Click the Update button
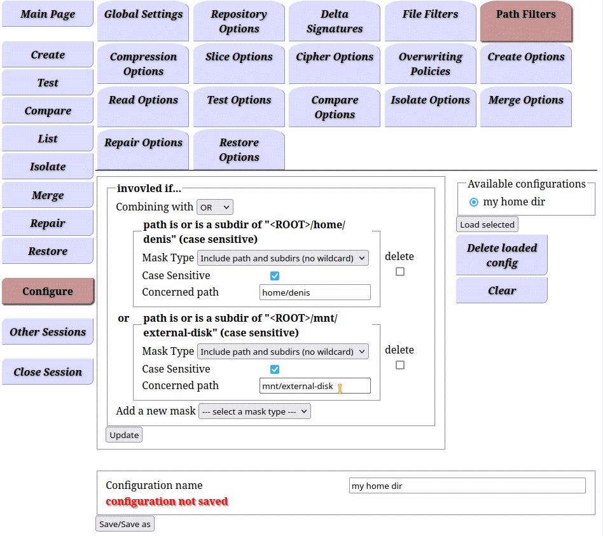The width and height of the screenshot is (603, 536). point(124,435)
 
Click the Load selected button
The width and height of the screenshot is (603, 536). point(487,224)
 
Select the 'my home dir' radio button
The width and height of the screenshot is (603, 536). point(474,202)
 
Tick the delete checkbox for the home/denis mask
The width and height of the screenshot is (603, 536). point(400,272)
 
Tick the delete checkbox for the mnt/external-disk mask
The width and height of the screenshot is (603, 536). point(400,365)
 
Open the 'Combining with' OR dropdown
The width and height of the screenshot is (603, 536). point(214,207)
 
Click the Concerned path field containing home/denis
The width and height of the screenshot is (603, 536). point(315,292)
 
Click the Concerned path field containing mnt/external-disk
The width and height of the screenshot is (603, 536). point(315,386)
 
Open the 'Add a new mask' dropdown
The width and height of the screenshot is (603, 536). point(254,411)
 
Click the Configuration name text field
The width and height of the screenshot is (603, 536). point(468,486)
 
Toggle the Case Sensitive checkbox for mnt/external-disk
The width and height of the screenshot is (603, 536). point(275,369)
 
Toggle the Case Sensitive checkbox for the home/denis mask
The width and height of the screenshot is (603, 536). point(275,276)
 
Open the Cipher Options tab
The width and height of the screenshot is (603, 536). point(334,63)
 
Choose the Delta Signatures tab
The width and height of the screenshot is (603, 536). point(334,21)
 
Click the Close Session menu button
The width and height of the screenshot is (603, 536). point(48,372)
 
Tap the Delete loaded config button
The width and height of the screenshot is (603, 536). point(501,255)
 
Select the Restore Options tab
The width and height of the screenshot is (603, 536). point(239,149)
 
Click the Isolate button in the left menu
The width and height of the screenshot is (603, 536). point(48,167)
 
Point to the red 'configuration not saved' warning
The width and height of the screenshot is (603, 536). point(167,502)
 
